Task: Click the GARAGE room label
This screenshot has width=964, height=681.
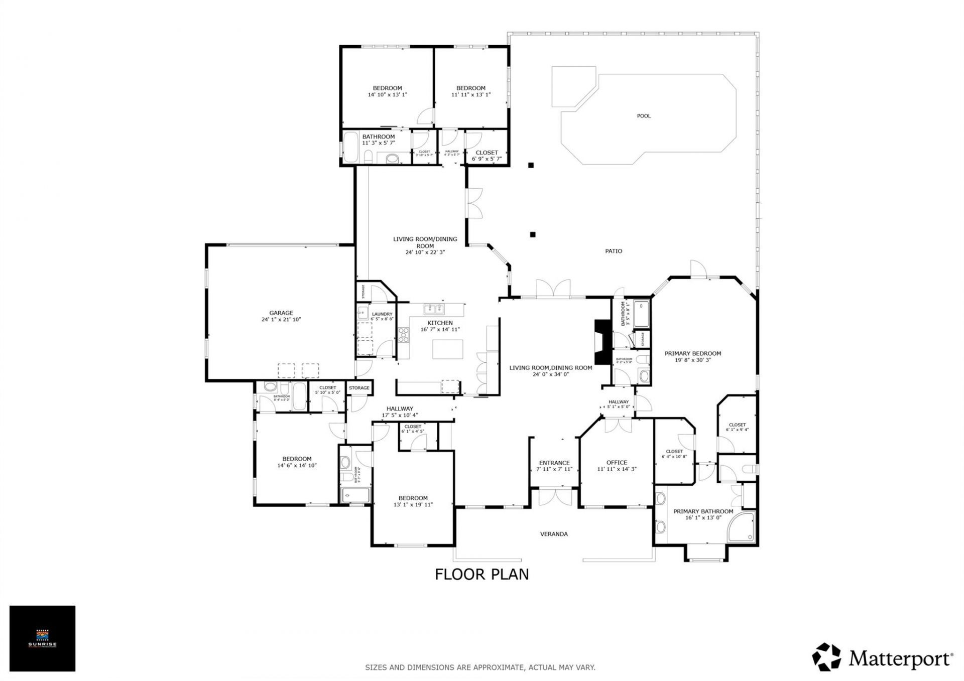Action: click(281, 313)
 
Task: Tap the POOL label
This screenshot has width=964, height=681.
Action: click(643, 116)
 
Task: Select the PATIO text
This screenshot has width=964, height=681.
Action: click(613, 251)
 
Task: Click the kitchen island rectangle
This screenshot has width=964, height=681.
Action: click(447, 349)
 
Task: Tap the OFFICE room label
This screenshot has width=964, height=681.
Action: click(616, 463)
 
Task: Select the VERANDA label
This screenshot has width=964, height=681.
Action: click(553, 534)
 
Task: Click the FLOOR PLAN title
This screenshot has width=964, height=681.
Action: click(481, 574)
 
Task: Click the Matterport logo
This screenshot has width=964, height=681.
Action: click(883, 657)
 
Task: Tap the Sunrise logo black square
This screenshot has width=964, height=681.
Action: click(42, 638)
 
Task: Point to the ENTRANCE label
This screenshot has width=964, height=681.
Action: click(554, 463)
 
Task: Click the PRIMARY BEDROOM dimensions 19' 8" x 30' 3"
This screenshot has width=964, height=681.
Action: click(692, 360)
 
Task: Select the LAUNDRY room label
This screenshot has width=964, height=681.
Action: click(382, 314)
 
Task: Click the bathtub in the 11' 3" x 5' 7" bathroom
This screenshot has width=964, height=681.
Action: click(351, 147)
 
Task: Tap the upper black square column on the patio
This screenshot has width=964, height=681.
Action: click(530, 165)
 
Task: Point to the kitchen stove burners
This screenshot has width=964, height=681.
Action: click(404, 335)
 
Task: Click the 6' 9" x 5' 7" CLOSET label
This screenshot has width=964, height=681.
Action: click(486, 153)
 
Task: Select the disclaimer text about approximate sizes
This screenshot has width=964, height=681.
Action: click(479, 667)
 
